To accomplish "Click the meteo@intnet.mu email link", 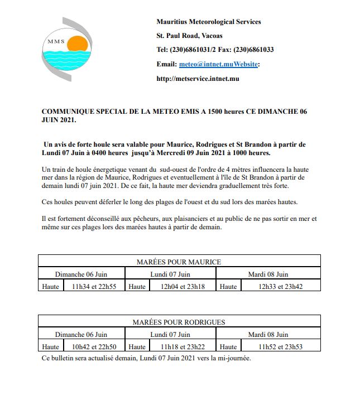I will (x=199, y=64).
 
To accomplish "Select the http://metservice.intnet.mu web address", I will (x=198, y=79).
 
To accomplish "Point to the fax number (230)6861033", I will (x=255, y=50).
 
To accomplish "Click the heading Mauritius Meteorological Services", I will (x=209, y=22).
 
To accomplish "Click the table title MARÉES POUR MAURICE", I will (x=179, y=262).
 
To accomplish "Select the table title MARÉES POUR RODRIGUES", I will (x=179, y=322).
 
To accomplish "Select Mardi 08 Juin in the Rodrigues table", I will (x=268, y=334).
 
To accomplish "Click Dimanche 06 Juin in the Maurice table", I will (x=81, y=274).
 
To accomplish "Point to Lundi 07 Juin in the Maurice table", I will (x=171, y=274).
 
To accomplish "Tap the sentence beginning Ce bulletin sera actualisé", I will (x=146, y=358).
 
